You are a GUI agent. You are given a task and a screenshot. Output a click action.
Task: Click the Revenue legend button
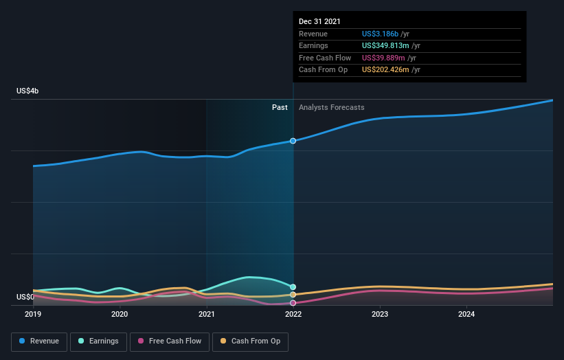[x=39, y=341]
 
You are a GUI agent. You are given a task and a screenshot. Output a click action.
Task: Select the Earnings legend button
[x=98, y=341]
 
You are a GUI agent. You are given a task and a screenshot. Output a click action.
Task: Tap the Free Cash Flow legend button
[x=169, y=341]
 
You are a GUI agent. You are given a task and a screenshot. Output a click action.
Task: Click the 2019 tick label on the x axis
[x=33, y=315]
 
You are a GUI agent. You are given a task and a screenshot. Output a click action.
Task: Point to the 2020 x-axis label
[x=120, y=315]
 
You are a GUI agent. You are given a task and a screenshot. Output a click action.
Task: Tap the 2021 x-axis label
[x=206, y=315]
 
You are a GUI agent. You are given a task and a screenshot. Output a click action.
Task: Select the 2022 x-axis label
[x=293, y=315]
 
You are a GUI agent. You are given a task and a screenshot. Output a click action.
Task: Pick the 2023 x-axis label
[x=380, y=315]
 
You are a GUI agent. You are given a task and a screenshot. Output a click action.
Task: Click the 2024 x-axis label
[x=466, y=315]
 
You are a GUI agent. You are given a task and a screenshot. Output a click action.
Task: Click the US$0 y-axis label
[x=26, y=297]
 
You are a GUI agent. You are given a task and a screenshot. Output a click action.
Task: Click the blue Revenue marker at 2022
[x=293, y=141]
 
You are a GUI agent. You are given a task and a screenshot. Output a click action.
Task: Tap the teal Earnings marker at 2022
[x=293, y=287]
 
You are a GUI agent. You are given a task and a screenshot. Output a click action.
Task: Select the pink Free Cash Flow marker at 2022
[x=293, y=303]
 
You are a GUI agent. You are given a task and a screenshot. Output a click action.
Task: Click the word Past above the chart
[x=280, y=108]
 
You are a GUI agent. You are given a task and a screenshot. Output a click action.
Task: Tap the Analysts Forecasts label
[x=332, y=108]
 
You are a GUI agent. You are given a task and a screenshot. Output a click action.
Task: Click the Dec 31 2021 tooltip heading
[x=319, y=22]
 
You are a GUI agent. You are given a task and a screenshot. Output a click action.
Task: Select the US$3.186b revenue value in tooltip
[x=385, y=34]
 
